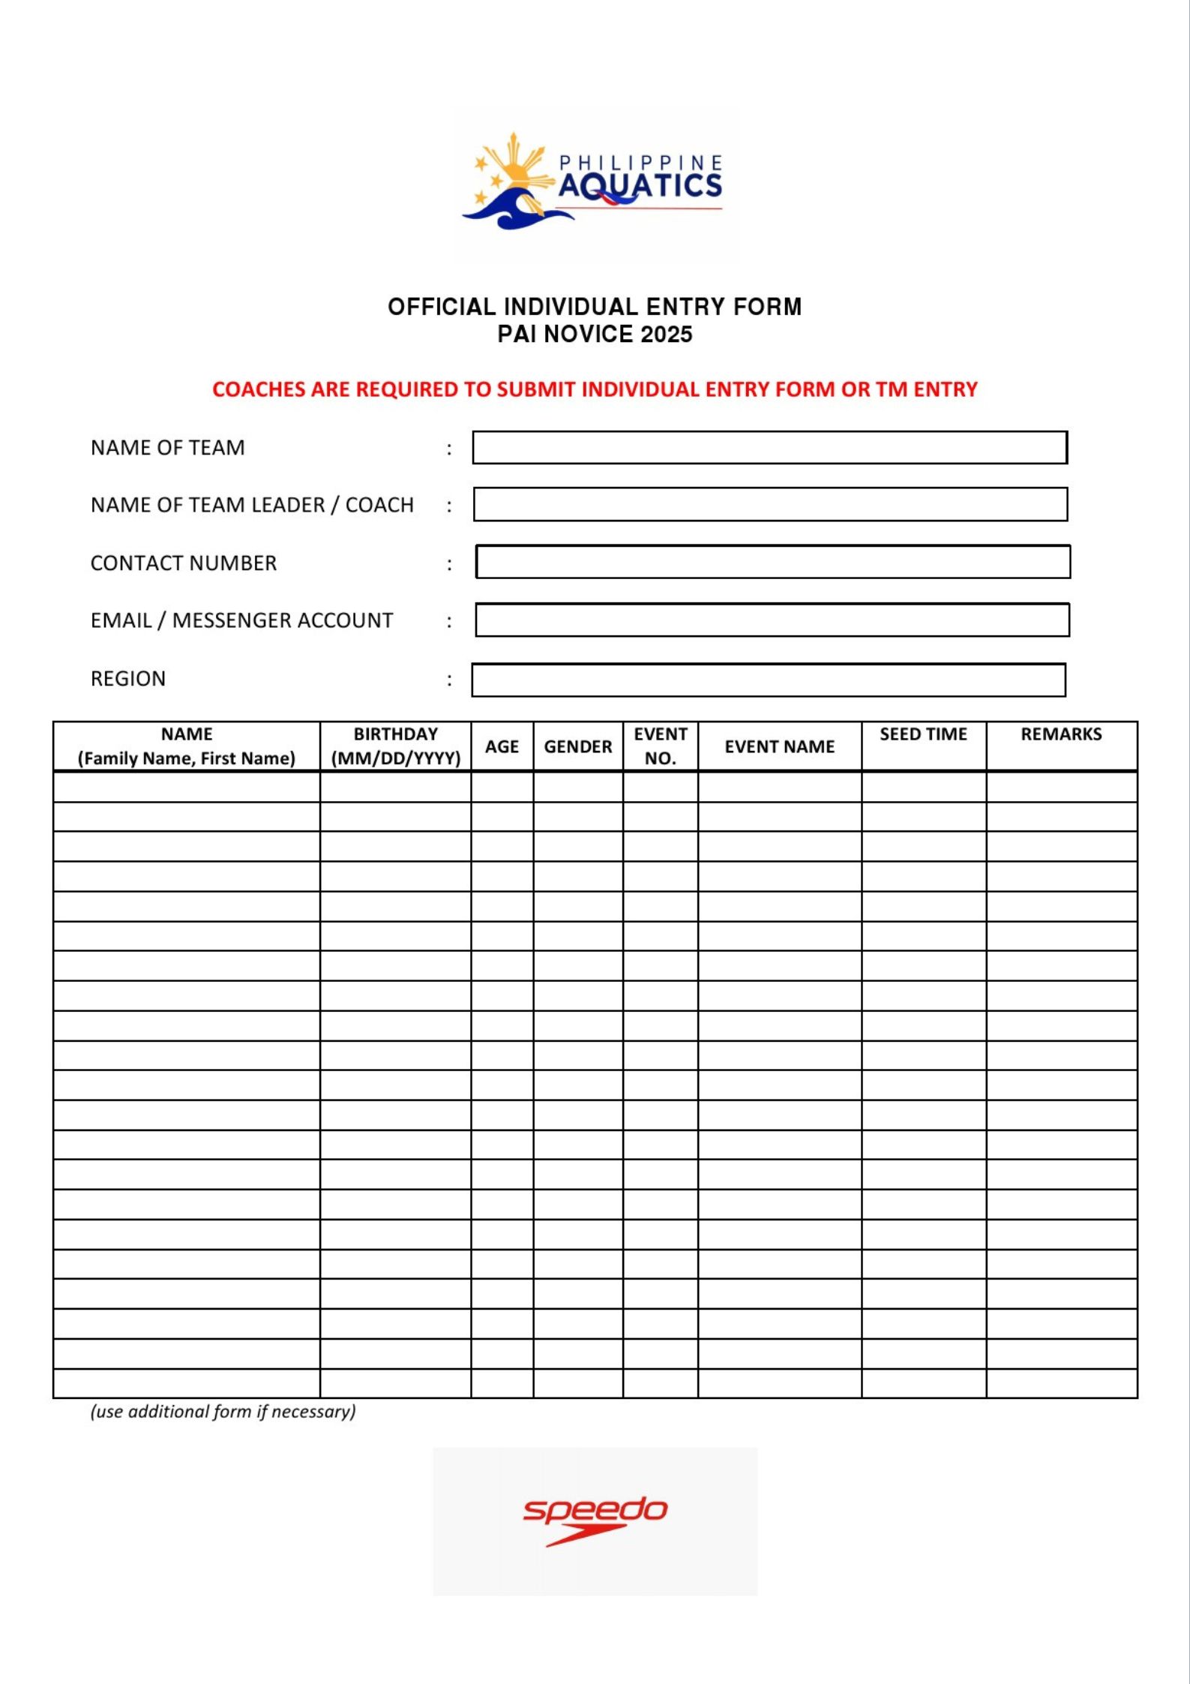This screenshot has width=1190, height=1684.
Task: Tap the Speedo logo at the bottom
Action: (595, 1519)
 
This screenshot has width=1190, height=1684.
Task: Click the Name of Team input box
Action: (769, 448)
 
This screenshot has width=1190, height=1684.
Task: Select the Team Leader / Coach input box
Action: (770, 505)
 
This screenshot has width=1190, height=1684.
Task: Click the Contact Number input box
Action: (772, 563)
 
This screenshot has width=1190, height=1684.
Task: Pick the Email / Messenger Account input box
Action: (772, 620)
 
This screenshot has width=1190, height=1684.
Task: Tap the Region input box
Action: (769, 680)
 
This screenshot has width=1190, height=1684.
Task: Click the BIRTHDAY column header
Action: (395, 746)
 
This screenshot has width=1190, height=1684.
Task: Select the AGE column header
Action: (502, 747)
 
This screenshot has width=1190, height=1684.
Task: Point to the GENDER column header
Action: (578, 747)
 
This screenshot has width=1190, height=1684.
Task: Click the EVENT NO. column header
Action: (660, 746)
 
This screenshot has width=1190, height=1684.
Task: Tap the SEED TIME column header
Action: (923, 734)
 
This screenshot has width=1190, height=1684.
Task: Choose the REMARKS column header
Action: (1061, 734)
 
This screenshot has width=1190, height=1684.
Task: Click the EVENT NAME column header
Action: (779, 747)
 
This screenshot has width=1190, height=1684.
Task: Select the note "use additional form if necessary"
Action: (223, 1412)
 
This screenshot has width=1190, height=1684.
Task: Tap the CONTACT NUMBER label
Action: (184, 563)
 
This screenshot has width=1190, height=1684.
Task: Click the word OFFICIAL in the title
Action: (442, 307)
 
